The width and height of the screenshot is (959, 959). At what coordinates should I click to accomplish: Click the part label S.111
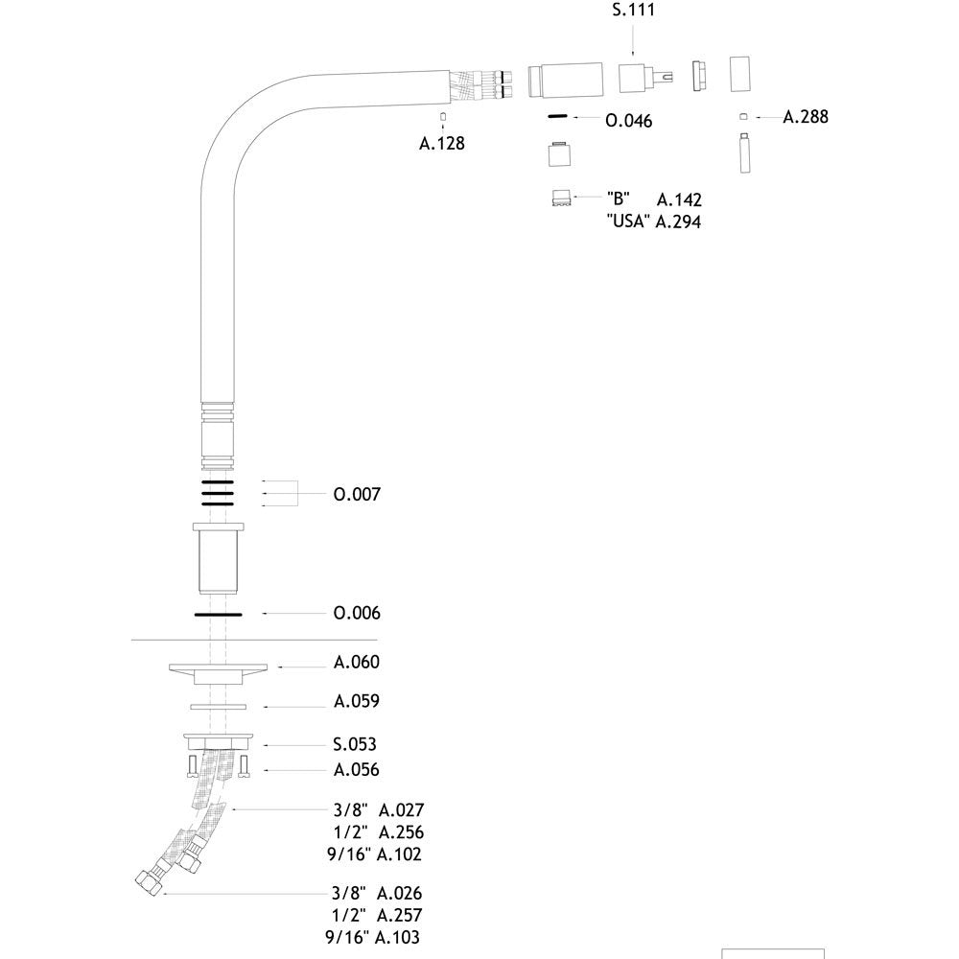pyautogui.click(x=633, y=10)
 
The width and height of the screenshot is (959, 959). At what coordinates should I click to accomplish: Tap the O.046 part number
pyautogui.click(x=629, y=121)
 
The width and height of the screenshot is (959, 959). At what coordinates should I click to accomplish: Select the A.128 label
pyautogui.click(x=441, y=143)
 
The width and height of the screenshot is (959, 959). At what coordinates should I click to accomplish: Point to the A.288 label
pyautogui.click(x=806, y=116)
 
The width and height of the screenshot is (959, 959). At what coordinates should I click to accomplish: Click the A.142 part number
pyautogui.click(x=679, y=199)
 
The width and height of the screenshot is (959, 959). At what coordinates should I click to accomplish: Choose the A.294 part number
pyautogui.click(x=678, y=222)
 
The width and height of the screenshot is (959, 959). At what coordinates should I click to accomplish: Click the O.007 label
pyautogui.click(x=357, y=494)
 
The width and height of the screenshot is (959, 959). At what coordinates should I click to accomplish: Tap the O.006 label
pyautogui.click(x=357, y=613)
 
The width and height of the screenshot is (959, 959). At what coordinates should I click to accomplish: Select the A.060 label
pyautogui.click(x=357, y=662)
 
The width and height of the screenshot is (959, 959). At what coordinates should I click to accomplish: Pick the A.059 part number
pyautogui.click(x=357, y=701)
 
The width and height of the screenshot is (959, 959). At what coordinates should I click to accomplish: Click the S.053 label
pyautogui.click(x=355, y=744)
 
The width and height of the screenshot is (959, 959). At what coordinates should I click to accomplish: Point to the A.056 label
pyautogui.click(x=357, y=769)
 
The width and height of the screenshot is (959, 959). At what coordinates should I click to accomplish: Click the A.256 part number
pyautogui.click(x=401, y=831)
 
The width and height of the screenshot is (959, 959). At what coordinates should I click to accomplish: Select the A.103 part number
pyautogui.click(x=398, y=937)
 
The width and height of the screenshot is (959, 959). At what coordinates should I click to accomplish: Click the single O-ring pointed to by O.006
pyautogui.click(x=219, y=615)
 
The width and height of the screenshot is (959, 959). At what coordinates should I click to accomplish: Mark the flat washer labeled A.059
pyautogui.click(x=219, y=707)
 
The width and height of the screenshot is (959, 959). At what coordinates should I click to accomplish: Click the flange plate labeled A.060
pyautogui.click(x=219, y=667)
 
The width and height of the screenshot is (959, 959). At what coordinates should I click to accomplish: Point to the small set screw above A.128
pyautogui.click(x=443, y=116)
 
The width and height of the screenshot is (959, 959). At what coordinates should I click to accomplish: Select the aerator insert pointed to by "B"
pyautogui.click(x=561, y=199)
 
